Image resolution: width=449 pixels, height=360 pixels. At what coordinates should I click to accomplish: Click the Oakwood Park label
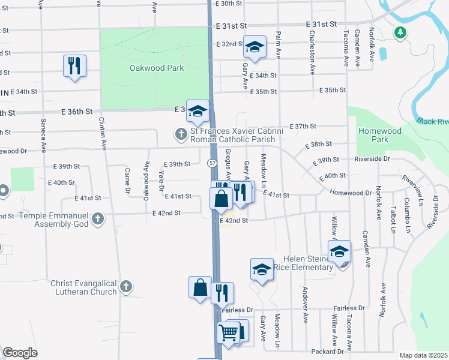pyautogui.click(x=157, y=68)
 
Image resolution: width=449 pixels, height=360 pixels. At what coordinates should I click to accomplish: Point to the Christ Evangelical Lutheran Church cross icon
pyautogui.click(x=125, y=287)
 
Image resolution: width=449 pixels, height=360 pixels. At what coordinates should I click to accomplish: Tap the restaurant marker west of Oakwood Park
pyautogui.click(x=74, y=66)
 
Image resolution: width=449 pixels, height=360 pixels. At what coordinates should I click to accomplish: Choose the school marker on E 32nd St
pyautogui.click(x=255, y=47)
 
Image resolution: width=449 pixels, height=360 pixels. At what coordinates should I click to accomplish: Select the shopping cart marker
pyautogui.click(x=229, y=332)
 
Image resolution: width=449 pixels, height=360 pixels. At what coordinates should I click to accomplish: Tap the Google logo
pyautogui.click(x=20, y=353)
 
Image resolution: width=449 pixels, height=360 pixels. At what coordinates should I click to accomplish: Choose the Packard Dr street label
pyautogui.click(x=328, y=351)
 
